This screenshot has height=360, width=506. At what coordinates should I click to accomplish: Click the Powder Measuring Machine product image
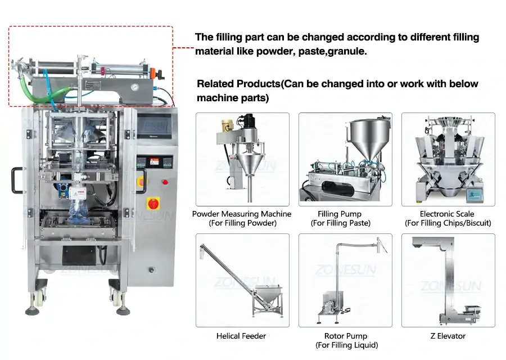click(x=242, y=159)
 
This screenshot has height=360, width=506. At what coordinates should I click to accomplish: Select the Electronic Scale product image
click(x=448, y=159)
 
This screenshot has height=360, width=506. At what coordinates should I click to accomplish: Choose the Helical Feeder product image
click(x=242, y=280)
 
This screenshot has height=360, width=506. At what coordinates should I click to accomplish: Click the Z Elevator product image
click(x=448, y=280)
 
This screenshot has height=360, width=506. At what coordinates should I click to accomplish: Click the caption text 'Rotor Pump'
click(x=345, y=336)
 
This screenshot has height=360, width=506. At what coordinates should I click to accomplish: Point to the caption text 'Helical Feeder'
click(x=241, y=336)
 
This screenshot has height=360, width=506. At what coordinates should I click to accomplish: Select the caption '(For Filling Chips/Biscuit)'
click(x=448, y=223)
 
